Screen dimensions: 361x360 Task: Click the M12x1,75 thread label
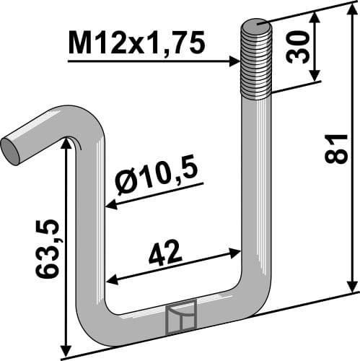click(136, 45)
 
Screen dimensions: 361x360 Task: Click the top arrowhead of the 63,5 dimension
click(66, 144)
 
